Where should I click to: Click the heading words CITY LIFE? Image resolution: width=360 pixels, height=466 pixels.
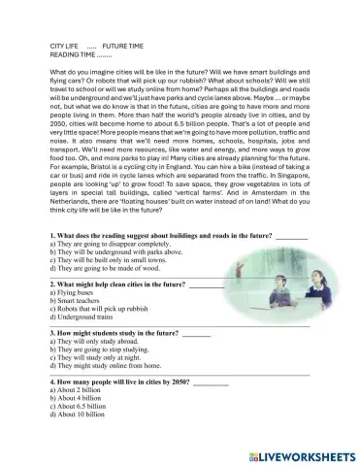click(x=65, y=46)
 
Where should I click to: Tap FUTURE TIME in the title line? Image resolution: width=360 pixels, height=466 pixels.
click(x=122, y=46)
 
